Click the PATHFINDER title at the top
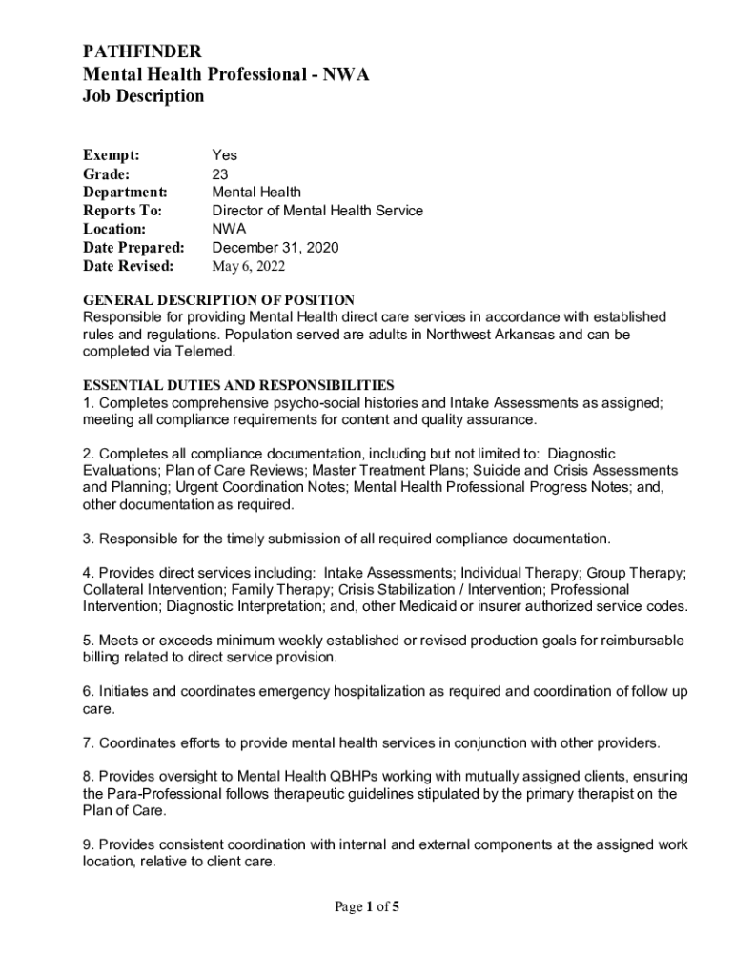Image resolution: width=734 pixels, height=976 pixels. tap(142, 51)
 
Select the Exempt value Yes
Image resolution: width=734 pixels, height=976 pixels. tap(224, 155)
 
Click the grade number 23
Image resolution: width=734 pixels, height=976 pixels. tap(219, 174)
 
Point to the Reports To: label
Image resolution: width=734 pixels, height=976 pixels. tap(123, 211)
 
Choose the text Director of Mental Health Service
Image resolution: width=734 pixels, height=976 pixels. tap(316, 211)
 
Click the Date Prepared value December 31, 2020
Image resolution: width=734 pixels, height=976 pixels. tap(275, 248)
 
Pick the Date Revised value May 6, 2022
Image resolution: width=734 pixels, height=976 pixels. tap(248, 266)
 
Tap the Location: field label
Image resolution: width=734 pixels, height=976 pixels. tap(114, 229)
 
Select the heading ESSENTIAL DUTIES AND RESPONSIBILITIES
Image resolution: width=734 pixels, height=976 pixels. tap(238, 385)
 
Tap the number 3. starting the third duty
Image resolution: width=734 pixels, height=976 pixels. tap(89, 539)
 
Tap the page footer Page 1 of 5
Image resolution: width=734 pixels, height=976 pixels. tap(366, 907)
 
